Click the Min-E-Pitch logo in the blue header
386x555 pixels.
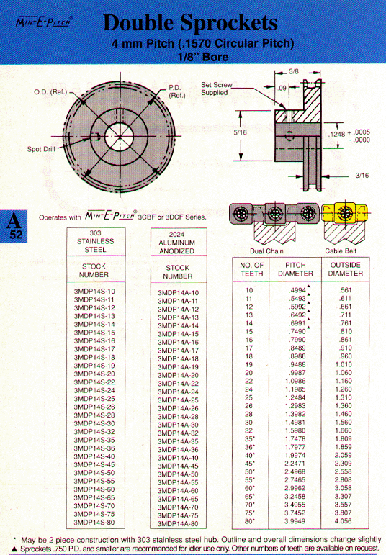44,22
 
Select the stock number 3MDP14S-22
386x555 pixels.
94,382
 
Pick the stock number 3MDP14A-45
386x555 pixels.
178,466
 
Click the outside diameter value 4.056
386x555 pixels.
343,521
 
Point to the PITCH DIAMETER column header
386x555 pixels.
295,269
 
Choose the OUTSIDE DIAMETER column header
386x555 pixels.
345,269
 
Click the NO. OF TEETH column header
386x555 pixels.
251,269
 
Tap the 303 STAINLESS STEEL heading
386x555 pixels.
95,241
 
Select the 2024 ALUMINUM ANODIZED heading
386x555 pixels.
176,243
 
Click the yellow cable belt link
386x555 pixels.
344,213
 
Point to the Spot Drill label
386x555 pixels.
41,149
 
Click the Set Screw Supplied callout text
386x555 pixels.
216,89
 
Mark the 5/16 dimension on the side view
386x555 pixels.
240,132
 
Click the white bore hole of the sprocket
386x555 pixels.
120,137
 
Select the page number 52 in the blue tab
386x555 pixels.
16,235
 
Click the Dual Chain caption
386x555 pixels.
266,251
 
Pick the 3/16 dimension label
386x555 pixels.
362,175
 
